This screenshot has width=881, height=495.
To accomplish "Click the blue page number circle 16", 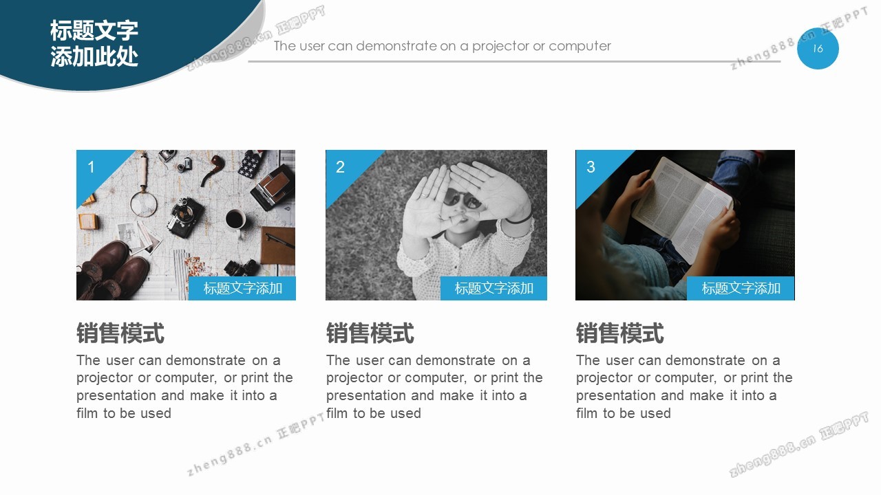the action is point(818,48).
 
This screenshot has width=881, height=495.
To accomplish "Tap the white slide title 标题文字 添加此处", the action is point(94,43).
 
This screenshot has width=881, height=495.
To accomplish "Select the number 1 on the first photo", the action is point(91,167).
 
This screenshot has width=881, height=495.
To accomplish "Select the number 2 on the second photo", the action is point(340,167).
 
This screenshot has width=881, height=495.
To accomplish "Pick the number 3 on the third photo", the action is point(591,167).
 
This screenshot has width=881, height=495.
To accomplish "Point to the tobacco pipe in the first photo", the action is point(211,169).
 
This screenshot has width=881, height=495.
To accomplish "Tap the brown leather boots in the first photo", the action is point(110,271).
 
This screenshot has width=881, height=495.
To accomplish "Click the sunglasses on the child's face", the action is point(463,199).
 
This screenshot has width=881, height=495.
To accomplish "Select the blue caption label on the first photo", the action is point(242,288).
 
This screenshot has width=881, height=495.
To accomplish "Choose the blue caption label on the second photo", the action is point(493,288).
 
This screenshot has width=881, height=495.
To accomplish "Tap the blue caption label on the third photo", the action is point(741,288).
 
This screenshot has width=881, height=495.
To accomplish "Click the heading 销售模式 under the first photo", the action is point(120,333).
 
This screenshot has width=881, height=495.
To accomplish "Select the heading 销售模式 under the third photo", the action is point(620,333).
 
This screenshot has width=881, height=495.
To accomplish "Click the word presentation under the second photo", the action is point(365,396).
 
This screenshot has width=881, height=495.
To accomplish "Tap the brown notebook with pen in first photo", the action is point(277,245).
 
